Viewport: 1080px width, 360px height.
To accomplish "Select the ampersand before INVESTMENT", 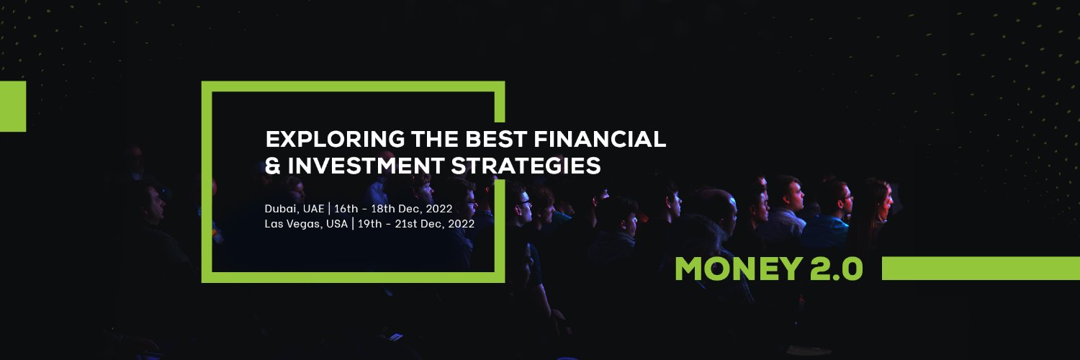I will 273,166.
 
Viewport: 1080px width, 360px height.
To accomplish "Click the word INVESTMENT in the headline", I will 364,166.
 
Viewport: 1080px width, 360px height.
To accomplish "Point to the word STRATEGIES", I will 526,166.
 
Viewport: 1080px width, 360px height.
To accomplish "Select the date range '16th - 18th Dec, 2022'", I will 393,209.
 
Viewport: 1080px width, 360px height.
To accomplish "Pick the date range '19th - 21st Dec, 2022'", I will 415,223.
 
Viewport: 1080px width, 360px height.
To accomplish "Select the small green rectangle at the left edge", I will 12,106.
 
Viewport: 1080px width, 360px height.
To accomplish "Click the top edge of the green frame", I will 353,86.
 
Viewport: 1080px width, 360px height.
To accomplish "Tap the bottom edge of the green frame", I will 353,277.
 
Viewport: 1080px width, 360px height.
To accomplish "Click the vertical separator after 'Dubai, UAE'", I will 329,209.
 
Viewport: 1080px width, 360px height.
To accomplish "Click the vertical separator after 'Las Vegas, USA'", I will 352,223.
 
